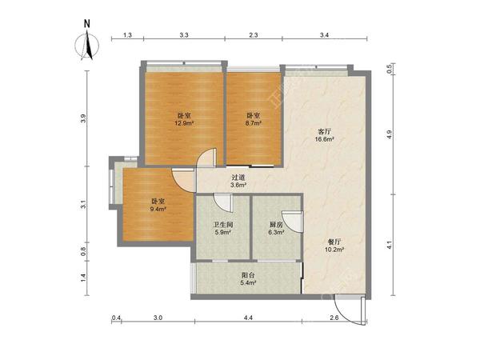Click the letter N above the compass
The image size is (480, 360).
87,23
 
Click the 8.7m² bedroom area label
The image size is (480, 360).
254,123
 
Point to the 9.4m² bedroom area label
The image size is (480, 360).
158,210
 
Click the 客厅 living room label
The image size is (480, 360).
324,132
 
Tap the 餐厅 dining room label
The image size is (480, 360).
334,242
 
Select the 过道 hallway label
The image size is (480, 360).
238,178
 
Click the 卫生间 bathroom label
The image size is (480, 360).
223,225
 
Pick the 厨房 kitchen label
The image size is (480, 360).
277,225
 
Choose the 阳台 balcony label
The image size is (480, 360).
248,275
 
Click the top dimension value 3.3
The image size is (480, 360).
184,35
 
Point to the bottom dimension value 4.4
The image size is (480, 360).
248,318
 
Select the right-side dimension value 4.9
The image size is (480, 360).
389,134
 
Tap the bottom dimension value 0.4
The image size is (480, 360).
116,318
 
